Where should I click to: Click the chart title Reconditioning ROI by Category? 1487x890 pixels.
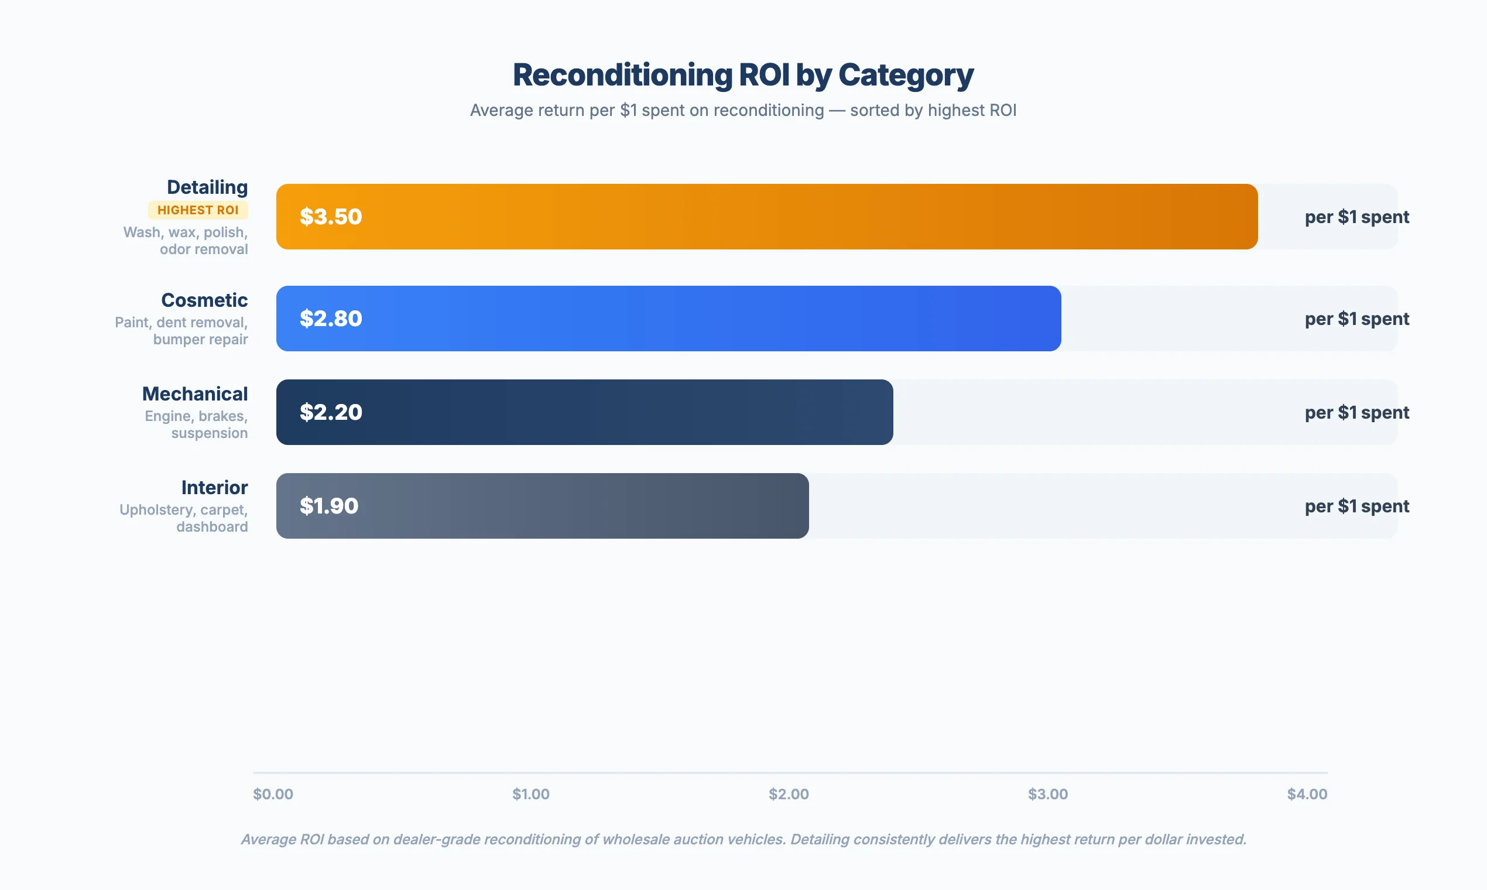tap(743, 75)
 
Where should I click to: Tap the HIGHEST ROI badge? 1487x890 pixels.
tap(198, 210)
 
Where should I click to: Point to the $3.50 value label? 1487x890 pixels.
tap(331, 217)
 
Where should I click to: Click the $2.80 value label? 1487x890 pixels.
tap(331, 319)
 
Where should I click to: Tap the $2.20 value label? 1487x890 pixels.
tap(331, 412)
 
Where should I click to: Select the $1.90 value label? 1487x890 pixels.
tap(329, 505)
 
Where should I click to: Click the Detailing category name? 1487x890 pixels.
tap(207, 187)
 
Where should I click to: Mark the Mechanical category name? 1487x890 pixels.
tap(195, 394)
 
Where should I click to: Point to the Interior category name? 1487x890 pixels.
tap(214, 488)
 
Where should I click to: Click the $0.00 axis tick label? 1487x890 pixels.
tap(273, 794)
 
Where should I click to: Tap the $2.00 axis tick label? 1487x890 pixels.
tap(789, 794)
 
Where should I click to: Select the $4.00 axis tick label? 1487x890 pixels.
tap(1307, 794)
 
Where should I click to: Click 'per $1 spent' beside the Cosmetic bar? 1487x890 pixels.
tap(1356, 319)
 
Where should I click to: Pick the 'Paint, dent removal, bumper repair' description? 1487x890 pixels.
tap(181, 330)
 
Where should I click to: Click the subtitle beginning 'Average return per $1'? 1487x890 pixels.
tap(743, 110)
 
